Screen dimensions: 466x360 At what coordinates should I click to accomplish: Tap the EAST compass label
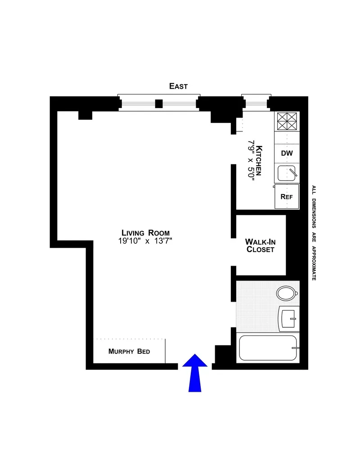click(178, 86)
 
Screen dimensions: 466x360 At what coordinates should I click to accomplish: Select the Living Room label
click(144, 233)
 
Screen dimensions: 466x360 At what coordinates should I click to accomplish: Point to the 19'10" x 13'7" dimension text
click(144, 240)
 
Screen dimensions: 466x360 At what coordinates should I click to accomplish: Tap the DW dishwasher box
click(287, 153)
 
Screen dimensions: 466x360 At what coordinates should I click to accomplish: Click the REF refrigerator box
click(287, 196)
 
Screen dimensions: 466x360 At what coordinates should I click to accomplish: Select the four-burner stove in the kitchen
click(287, 121)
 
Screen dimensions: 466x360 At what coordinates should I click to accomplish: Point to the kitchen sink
click(287, 173)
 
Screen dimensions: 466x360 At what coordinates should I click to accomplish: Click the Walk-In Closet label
click(260, 245)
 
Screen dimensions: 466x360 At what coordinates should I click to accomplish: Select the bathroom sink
click(288, 318)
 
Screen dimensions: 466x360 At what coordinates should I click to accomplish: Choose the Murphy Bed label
click(129, 352)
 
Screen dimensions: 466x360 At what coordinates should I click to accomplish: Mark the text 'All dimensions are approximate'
click(314, 233)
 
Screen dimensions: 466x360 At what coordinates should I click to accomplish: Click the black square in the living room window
click(158, 104)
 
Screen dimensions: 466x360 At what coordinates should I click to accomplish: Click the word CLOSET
click(260, 249)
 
